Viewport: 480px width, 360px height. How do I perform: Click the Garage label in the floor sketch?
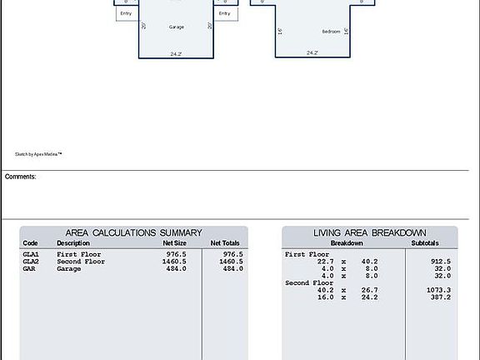click(177, 27)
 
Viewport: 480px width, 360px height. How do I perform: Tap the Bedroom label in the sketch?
click(332, 32)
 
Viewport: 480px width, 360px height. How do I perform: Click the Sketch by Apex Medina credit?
click(38, 154)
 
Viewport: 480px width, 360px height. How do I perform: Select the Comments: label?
click(21, 177)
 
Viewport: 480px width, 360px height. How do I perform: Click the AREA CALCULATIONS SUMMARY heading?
click(133, 233)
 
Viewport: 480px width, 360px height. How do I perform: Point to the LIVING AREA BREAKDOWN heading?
click(370, 233)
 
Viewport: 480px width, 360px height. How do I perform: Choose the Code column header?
click(30, 243)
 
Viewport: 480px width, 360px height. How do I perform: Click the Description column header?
click(73, 243)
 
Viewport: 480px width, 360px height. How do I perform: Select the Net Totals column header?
click(225, 243)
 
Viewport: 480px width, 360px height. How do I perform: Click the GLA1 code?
click(31, 254)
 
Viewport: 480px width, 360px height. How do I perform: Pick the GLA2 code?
click(31, 262)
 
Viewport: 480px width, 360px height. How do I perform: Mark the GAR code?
click(29, 269)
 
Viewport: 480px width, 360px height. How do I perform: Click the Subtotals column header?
click(430, 243)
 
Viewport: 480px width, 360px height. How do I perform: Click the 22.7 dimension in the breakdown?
click(326, 262)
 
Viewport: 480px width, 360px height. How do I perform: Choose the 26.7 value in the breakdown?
click(368, 290)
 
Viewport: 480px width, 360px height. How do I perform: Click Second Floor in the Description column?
click(81, 262)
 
